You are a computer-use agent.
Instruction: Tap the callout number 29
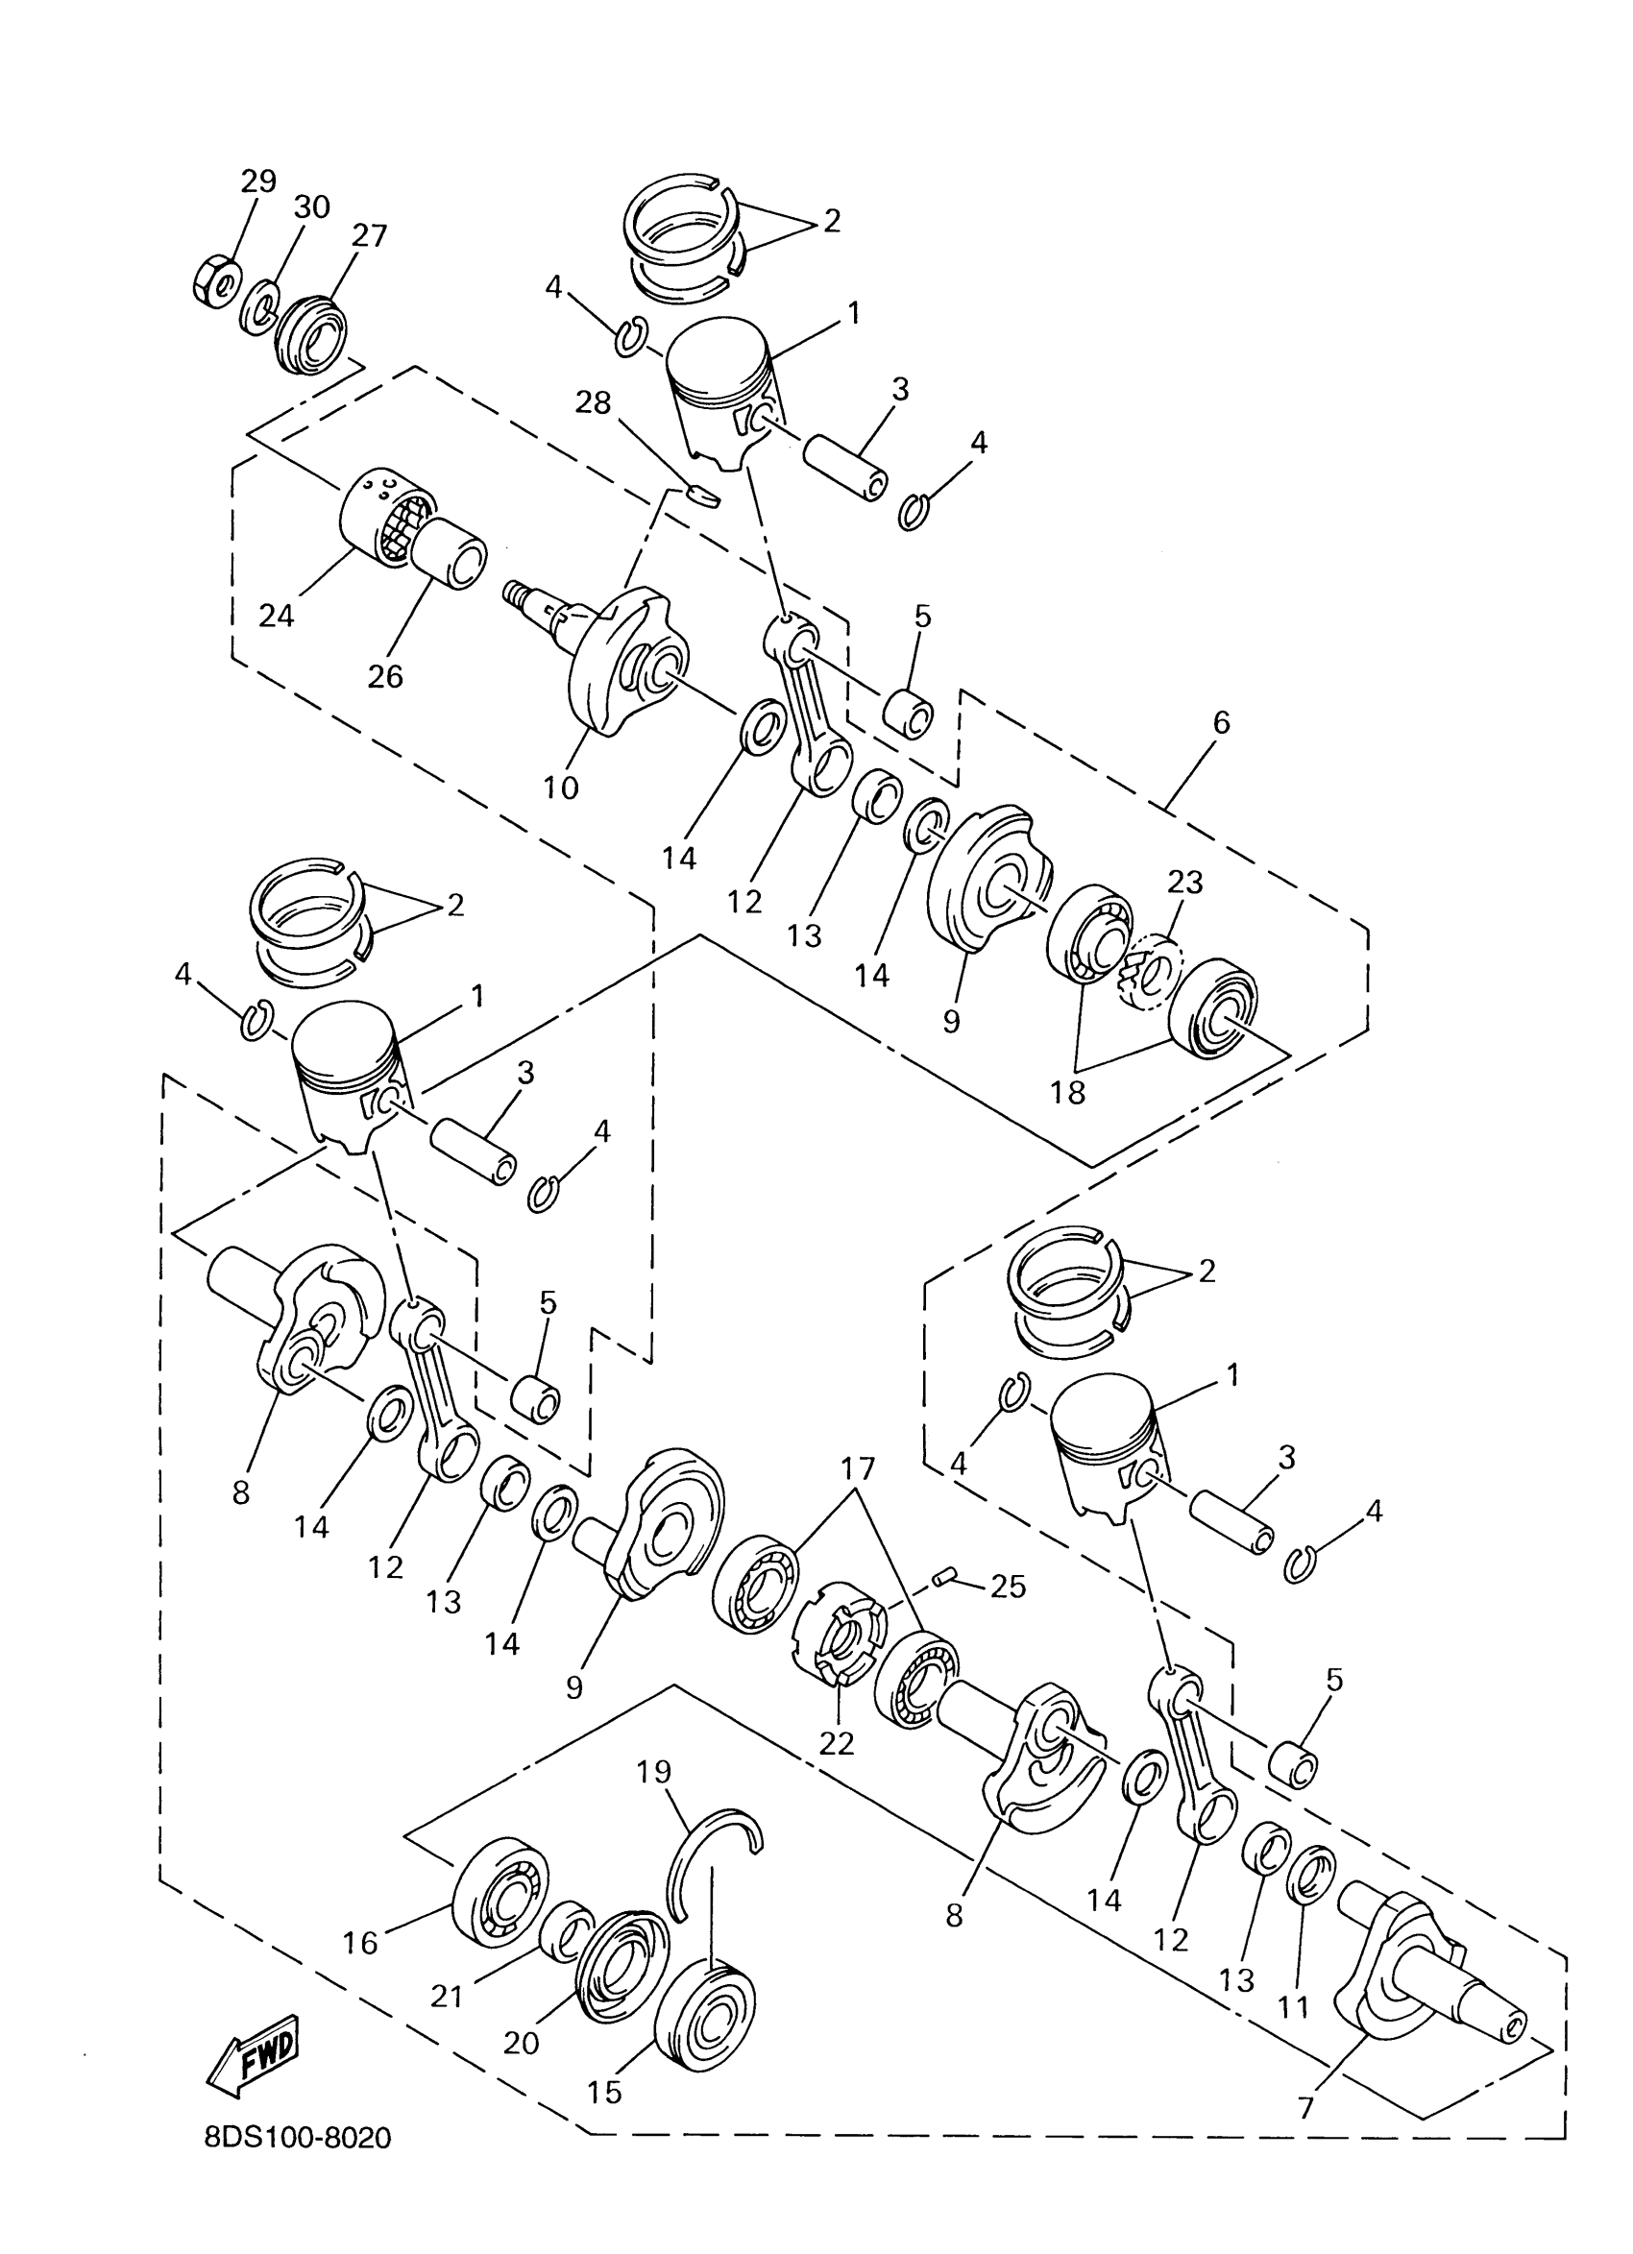[x=258, y=181]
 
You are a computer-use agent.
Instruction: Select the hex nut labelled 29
[x=212, y=282]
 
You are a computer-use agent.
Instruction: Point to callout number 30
[x=311, y=207]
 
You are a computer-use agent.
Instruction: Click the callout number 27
[x=369, y=236]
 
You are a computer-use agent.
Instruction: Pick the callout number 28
[x=595, y=402]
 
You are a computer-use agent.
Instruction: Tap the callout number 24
[x=277, y=617]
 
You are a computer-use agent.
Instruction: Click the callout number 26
[x=385, y=676]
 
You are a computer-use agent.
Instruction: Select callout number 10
[x=561, y=788]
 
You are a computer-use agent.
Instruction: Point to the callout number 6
[x=1222, y=722]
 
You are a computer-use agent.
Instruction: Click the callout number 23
[x=1185, y=882]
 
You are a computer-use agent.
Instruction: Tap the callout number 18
[x=1068, y=1092]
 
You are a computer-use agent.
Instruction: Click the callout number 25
[x=1008, y=1587]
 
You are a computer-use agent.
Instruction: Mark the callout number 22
[x=836, y=1743]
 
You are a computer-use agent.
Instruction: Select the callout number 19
[x=654, y=1772]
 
